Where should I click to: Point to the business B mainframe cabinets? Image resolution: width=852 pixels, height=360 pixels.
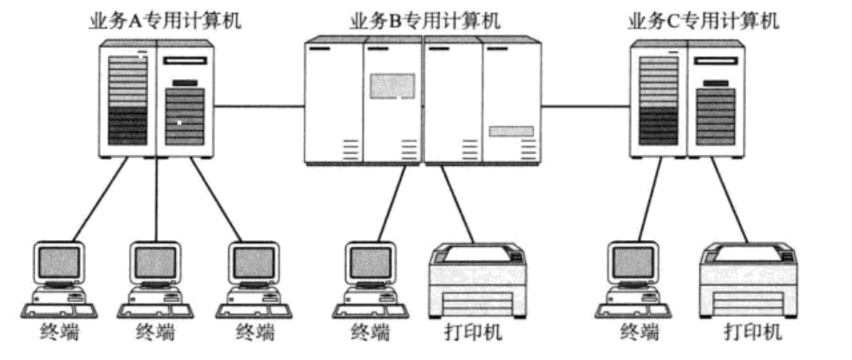[x=423, y=101]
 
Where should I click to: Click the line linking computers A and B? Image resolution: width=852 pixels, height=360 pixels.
[x=259, y=106]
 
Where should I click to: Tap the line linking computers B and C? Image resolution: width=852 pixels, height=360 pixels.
[x=586, y=106]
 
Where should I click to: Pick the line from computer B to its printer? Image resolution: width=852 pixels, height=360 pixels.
[x=457, y=204]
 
